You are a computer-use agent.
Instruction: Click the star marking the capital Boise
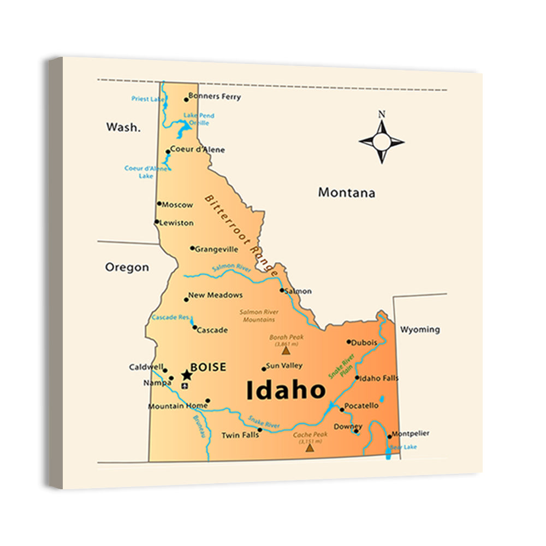pyautogui.click(x=187, y=375)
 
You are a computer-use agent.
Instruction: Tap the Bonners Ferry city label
pyautogui.click(x=214, y=97)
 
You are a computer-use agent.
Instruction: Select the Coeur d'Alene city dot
pyautogui.click(x=168, y=151)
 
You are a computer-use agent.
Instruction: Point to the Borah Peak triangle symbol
pyautogui.click(x=286, y=351)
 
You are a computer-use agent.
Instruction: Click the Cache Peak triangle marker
pyautogui.click(x=310, y=448)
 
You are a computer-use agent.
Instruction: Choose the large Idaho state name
pyautogui.click(x=286, y=390)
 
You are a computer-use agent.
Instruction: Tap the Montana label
pyautogui.click(x=347, y=193)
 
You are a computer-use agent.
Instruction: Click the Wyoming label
pyautogui.click(x=420, y=329)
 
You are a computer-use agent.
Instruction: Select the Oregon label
pyautogui.click(x=127, y=267)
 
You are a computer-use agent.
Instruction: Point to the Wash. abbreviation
pyautogui.click(x=123, y=127)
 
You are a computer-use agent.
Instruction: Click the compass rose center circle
pyautogui.click(x=382, y=143)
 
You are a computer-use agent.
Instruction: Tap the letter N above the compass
pyautogui.click(x=382, y=115)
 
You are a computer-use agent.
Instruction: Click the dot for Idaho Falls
pyautogui.click(x=357, y=377)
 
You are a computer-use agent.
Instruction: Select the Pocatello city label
pyautogui.click(x=361, y=406)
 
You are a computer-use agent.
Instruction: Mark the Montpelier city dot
pyautogui.click(x=389, y=436)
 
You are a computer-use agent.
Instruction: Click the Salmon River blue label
pyautogui.click(x=232, y=268)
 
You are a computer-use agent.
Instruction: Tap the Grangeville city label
pyautogui.click(x=216, y=250)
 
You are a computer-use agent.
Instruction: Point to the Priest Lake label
pyautogui.click(x=148, y=99)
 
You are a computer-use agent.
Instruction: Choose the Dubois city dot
pyautogui.click(x=349, y=342)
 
